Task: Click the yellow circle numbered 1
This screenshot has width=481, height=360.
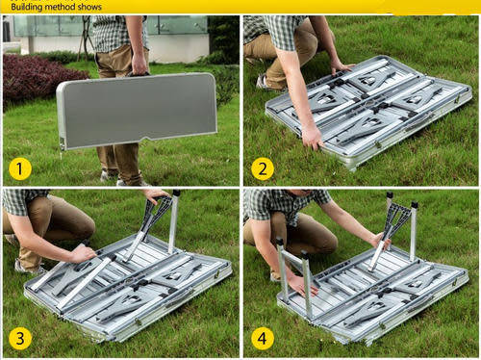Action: (x=20, y=169)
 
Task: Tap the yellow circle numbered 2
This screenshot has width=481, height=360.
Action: (x=263, y=169)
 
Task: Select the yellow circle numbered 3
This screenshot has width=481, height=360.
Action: (x=20, y=339)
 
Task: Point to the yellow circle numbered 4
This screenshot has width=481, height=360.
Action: (x=263, y=339)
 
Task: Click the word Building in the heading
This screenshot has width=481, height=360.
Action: (x=27, y=7)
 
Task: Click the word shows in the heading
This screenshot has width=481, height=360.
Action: (x=90, y=7)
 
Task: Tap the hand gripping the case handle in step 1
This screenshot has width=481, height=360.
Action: (x=139, y=64)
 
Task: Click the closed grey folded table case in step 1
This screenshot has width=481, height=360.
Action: (x=137, y=111)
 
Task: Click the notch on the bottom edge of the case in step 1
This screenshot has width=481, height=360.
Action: (x=147, y=140)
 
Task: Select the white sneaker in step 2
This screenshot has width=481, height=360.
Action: (x=263, y=82)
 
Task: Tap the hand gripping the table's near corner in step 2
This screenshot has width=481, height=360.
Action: (x=313, y=139)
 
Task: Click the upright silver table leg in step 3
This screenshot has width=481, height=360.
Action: (x=173, y=221)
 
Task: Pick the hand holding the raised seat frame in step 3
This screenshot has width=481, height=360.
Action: (x=157, y=194)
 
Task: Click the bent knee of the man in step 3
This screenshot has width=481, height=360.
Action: (x=84, y=224)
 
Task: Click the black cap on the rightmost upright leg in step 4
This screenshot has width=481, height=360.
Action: (x=415, y=205)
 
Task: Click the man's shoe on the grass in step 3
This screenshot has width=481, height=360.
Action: (x=28, y=267)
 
